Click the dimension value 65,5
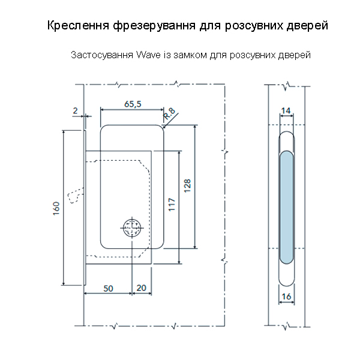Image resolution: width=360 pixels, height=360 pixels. coord(133,103)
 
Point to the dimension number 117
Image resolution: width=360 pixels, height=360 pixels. coord(172,206)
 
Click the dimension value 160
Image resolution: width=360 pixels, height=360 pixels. coord(56,208)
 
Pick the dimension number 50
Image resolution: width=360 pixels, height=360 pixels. coord(108,288)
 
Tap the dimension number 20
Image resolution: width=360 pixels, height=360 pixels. coord(142,288)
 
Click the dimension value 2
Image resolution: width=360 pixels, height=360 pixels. coord(75,110)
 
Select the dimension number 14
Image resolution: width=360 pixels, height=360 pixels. coord(286,110)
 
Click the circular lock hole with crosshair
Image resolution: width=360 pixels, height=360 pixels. coord(131,228)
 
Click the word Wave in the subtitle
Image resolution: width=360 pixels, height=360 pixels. coord(149,56)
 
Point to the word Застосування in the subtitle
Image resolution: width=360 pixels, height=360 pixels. coord(102,56)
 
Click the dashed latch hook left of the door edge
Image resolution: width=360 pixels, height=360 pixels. coord(75,196)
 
